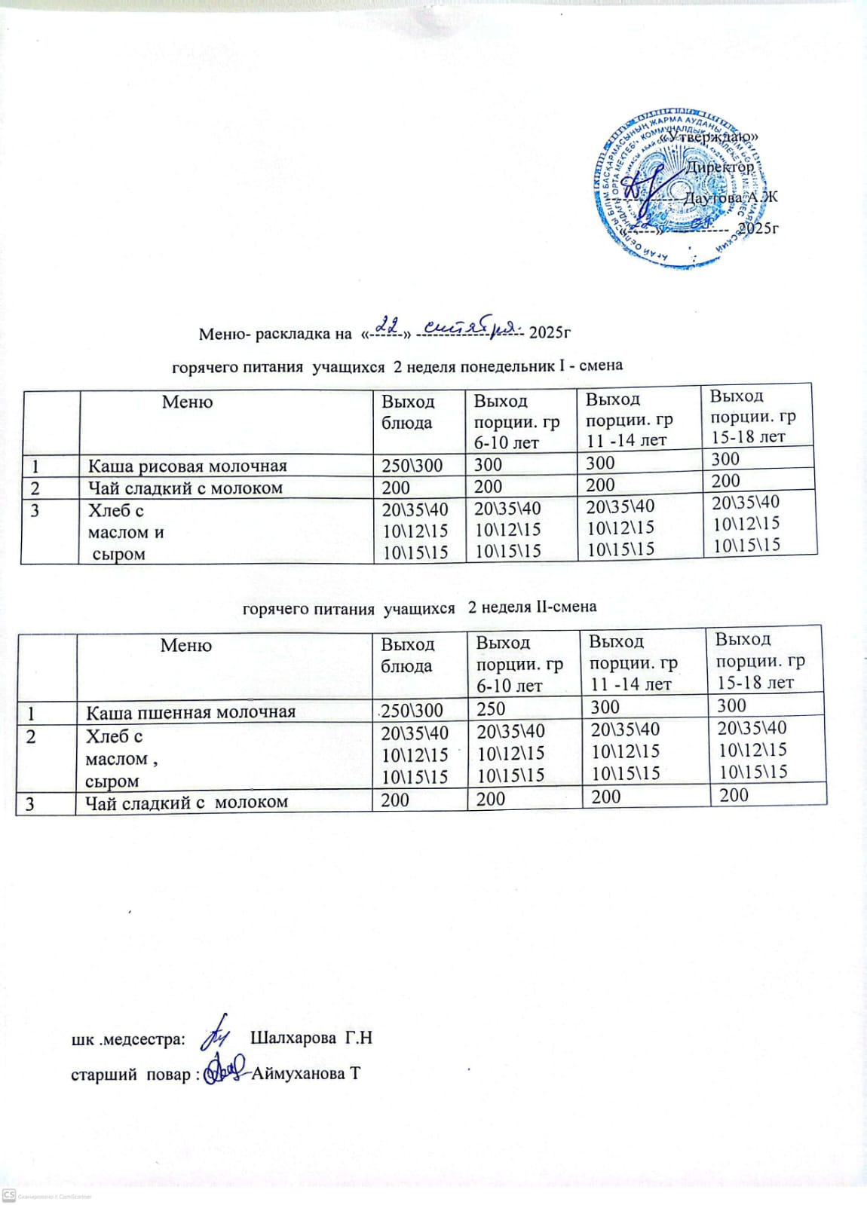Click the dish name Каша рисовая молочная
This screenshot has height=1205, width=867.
pos(187,466)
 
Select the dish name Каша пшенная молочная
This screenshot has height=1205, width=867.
pos(190,712)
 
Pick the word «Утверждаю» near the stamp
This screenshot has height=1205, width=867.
pos(709,137)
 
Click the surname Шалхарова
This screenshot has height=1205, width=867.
pos(293,1038)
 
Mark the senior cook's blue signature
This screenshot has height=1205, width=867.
pos(226,1068)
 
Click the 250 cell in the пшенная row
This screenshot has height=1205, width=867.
pos(491,709)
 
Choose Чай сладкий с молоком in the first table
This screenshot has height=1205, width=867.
pos(185,488)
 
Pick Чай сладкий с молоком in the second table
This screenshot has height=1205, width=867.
pos(186,803)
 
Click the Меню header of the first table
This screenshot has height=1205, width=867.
pos(187,402)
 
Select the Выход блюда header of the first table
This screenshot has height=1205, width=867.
pos(408,411)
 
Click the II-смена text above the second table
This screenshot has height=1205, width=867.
pos(565,607)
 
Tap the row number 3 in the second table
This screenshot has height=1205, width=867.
pos(30,803)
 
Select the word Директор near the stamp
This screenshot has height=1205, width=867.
pos(719,167)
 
